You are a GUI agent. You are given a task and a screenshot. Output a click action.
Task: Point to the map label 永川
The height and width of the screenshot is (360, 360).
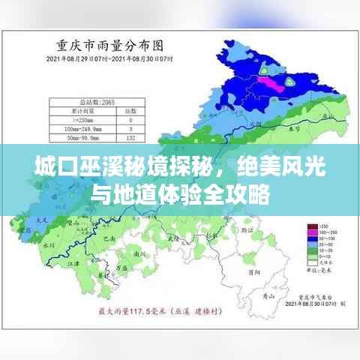tap(49, 244)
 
